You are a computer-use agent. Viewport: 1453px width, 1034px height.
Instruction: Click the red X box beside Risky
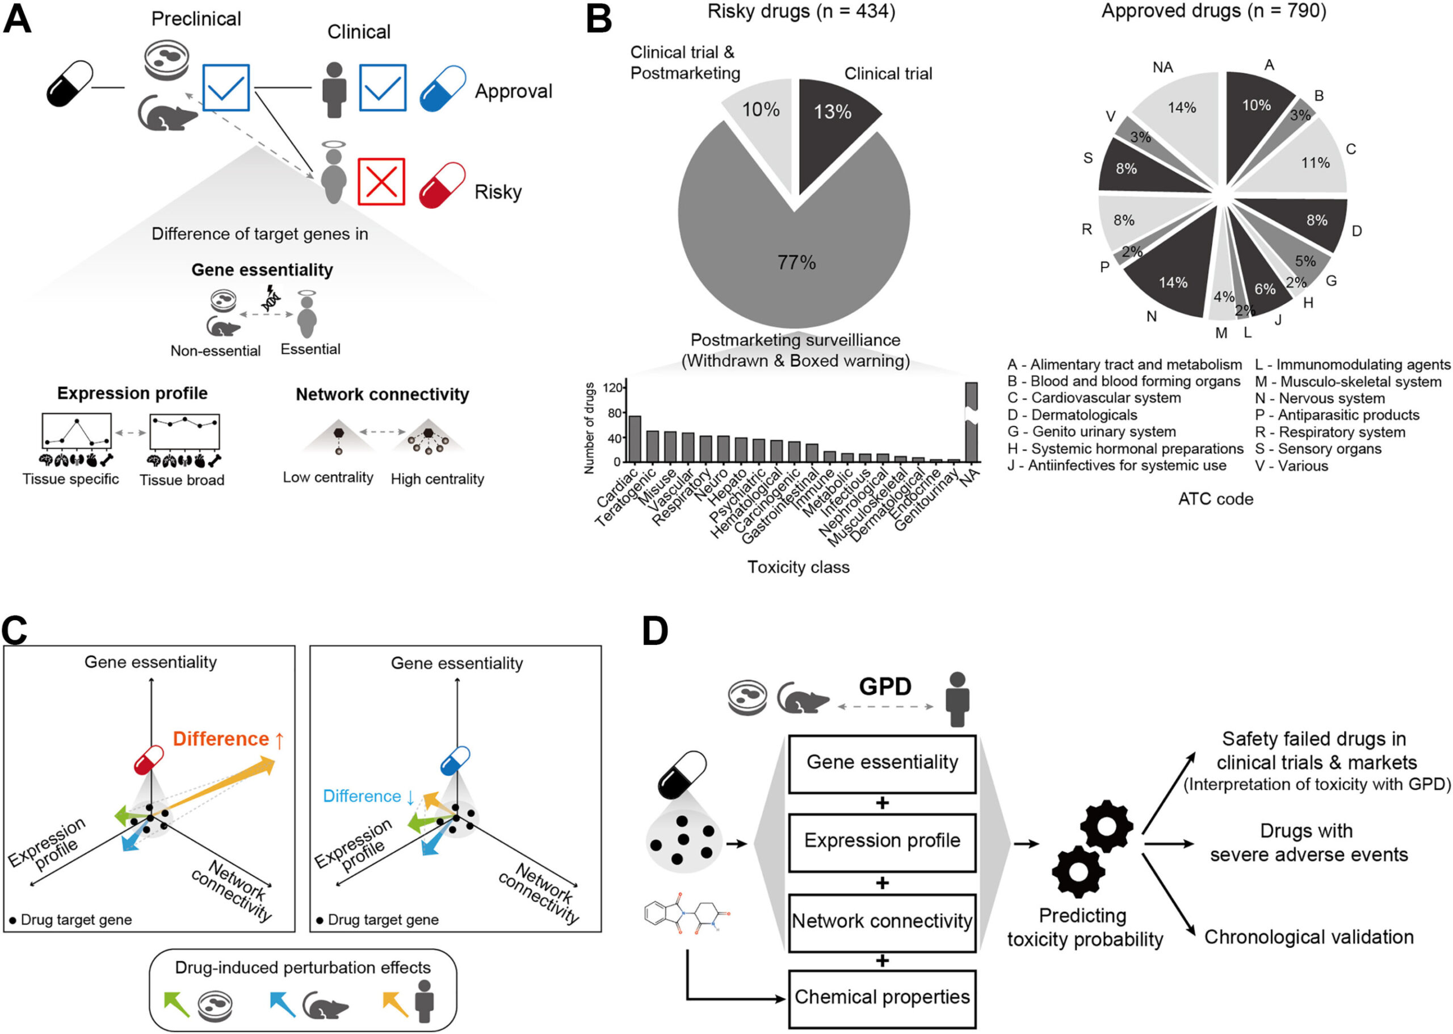coord(381,182)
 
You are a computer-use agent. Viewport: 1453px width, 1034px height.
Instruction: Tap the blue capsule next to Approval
coord(442,89)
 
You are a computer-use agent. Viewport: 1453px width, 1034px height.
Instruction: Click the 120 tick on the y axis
coord(612,388)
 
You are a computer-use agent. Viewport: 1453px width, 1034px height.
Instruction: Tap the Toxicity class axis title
coord(798,567)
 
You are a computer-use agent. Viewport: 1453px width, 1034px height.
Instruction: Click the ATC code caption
coord(1215,499)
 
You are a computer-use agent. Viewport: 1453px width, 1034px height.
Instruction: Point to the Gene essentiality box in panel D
coord(881,763)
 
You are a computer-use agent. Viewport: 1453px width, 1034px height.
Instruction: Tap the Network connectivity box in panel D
coord(881,922)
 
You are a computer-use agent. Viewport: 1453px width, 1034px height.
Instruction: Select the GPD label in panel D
coord(885,686)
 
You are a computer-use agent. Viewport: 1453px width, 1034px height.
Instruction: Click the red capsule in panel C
coord(149,760)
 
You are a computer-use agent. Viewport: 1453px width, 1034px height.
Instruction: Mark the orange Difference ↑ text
coord(228,739)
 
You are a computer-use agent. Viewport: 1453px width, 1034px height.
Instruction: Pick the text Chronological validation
coord(1308,937)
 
